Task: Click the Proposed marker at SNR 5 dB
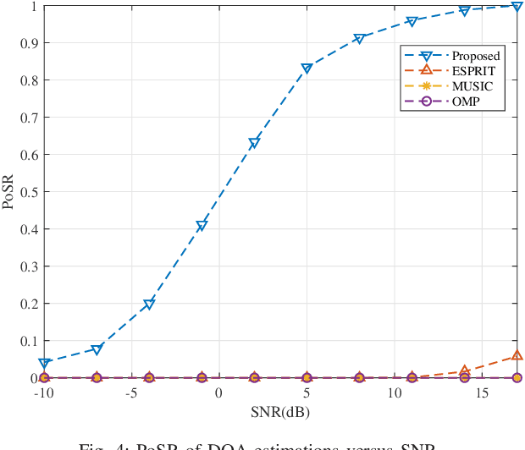coord(307,69)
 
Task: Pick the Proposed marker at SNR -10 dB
coord(44,363)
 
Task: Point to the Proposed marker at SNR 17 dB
coord(517,7)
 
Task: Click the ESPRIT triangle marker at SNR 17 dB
coord(517,356)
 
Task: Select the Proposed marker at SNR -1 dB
coord(202,226)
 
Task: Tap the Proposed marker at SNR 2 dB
coord(254,143)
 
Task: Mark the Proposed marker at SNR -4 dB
coord(149,305)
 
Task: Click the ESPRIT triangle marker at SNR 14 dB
coord(464,371)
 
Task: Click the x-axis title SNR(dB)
coord(280,412)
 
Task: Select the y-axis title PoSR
coord(9,192)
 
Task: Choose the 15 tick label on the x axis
coord(481,393)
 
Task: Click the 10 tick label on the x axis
coord(394,393)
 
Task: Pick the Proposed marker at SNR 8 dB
coord(359,39)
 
